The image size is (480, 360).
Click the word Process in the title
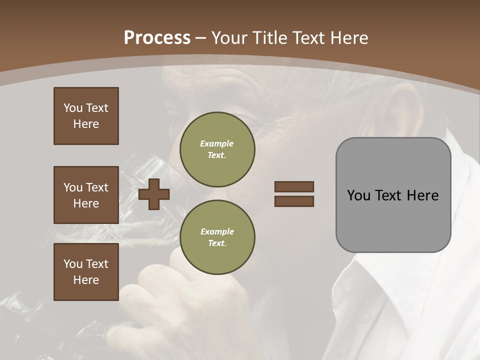[157, 38]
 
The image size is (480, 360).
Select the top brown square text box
[86, 116]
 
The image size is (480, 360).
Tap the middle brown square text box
[86, 195]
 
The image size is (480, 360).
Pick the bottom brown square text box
[86, 272]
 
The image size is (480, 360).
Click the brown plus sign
[154, 194]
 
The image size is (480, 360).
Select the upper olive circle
[217, 149]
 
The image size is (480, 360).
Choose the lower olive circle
[217, 237]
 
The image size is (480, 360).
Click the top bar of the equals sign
[294, 186]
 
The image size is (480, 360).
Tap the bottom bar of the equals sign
[294, 201]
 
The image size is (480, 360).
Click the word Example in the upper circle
[216, 143]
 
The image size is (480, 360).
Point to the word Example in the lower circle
[217, 231]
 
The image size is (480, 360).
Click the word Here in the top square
[86, 124]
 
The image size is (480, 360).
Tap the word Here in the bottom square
[86, 280]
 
